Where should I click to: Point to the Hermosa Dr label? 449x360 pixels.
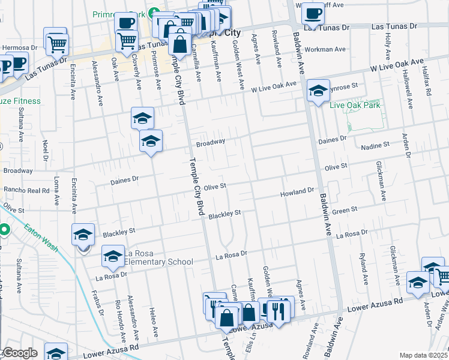point(20,47)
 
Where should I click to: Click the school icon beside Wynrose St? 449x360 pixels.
point(318,91)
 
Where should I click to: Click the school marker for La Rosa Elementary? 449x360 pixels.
point(113,256)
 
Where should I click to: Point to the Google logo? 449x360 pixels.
point(19,353)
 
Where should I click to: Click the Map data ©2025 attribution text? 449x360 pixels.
point(423,355)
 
